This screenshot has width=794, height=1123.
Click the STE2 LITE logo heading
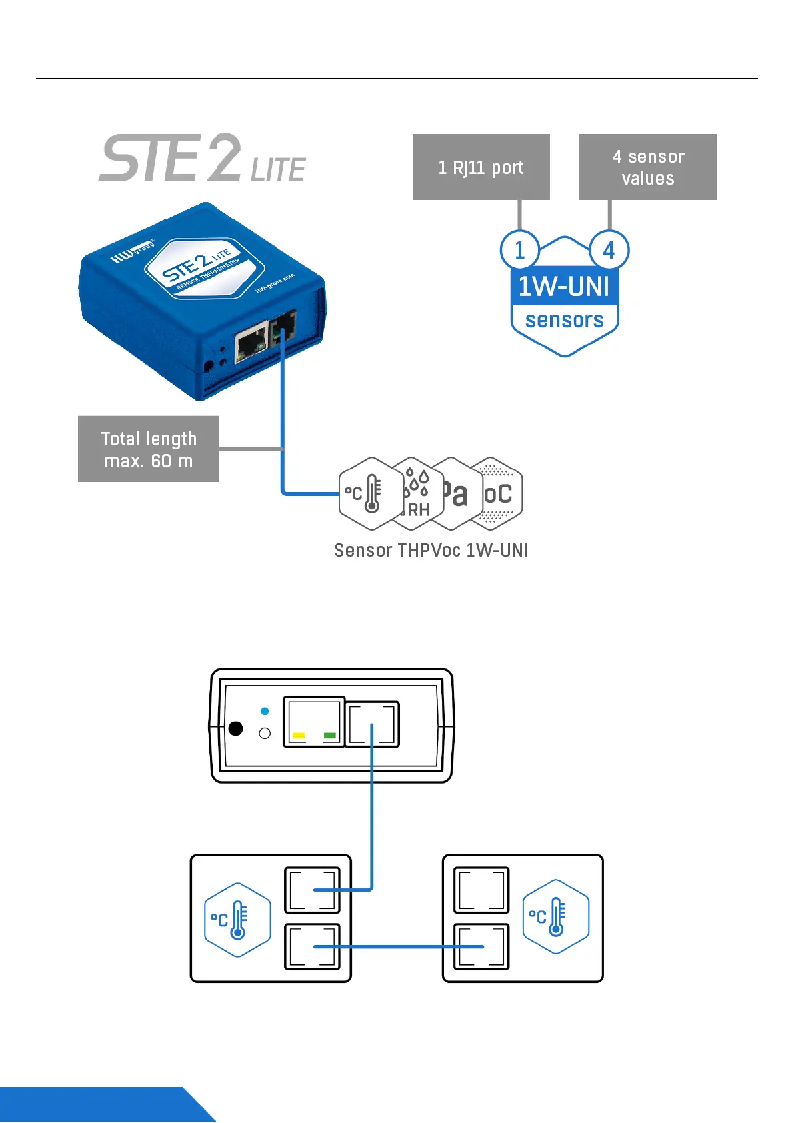[x=202, y=159]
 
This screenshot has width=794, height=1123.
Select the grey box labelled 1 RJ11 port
[x=481, y=167]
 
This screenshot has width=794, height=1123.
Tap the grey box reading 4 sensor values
[x=647, y=167]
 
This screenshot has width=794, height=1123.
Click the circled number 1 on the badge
[x=519, y=251]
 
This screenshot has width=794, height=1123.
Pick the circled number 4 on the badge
[x=609, y=251]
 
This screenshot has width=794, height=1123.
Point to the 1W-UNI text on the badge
[x=564, y=287]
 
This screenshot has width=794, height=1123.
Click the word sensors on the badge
[x=564, y=321]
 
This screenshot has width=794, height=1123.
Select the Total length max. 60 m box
[x=149, y=449]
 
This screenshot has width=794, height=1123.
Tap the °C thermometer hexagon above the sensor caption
[x=369, y=494]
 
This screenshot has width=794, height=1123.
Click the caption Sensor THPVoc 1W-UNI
[x=431, y=551]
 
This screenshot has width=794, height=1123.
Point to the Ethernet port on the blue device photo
[x=251, y=345]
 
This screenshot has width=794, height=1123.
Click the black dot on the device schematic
[x=235, y=728]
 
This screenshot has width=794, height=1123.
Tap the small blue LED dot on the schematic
[x=265, y=712]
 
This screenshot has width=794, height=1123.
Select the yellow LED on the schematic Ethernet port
[x=299, y=736]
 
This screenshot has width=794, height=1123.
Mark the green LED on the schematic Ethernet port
[x=329, y=736]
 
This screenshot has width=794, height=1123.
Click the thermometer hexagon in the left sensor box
[x=237, y=920]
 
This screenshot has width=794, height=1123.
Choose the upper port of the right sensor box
[x=481, y=890]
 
